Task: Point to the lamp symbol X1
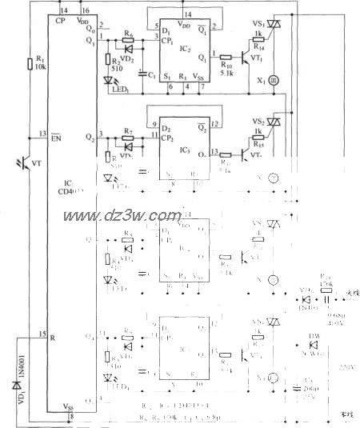tap(273, 81)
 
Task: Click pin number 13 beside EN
tap(41, 133)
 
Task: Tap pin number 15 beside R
tap(41, 333)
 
